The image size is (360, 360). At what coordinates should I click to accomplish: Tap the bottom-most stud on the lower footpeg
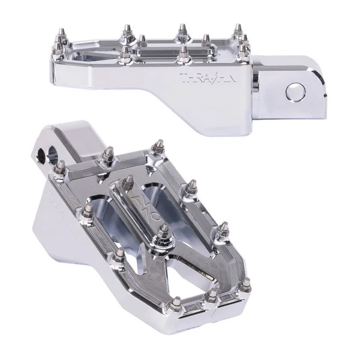[x=176, y=306]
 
